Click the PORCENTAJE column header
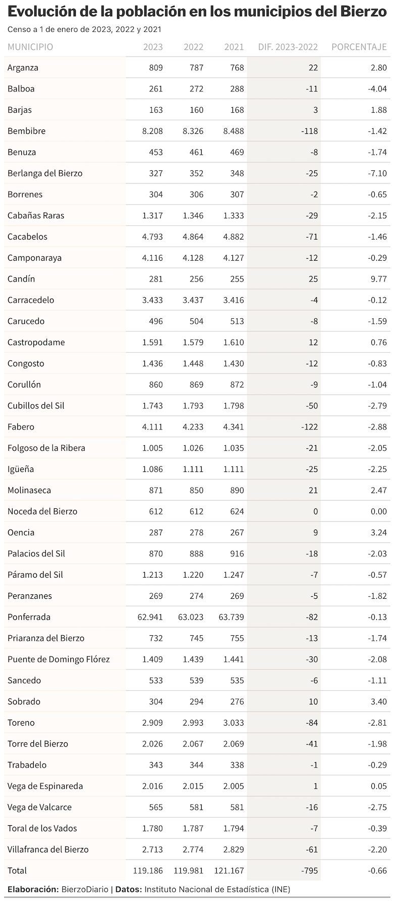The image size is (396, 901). [359, 47]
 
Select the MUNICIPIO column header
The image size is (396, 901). [30, 47]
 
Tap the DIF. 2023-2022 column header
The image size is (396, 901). [288, 47]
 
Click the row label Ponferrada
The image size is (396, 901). [29, 617]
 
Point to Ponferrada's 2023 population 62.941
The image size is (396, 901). [150, 617]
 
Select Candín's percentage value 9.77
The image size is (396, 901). [378, 279]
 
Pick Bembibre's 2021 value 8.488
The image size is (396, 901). [233, 131]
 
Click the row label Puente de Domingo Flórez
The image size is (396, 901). [59, 659]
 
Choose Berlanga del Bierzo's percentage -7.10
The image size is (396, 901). [377, 173]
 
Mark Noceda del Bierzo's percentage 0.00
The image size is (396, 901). [378, 511]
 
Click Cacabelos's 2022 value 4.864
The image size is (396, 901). [193, 236]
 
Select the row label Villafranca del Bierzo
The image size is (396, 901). [48, 849]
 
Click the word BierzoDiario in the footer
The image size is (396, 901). [85, 889]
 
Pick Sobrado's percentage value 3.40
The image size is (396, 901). [378, 701]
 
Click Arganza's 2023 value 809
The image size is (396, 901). [156, 68]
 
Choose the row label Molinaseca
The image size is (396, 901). [29, 490]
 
